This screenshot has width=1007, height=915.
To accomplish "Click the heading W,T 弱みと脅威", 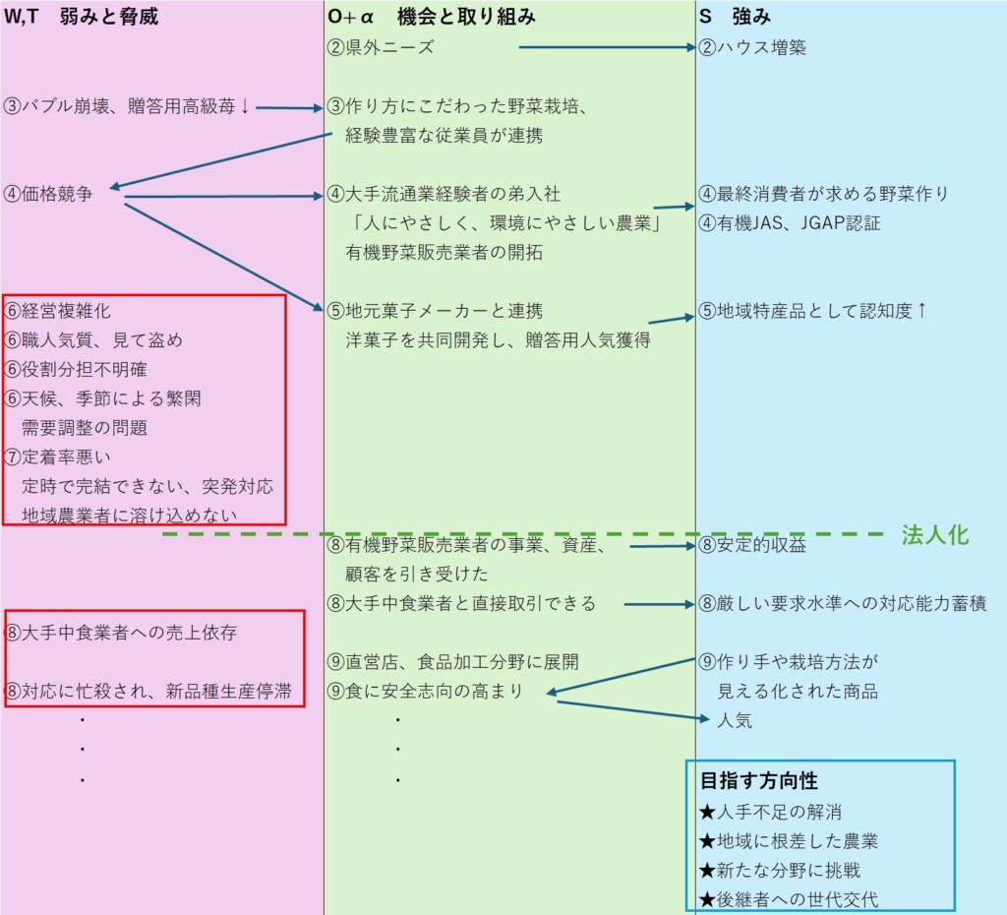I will (x=82, y=17).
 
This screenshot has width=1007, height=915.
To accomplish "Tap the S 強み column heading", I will (x=736, y=17).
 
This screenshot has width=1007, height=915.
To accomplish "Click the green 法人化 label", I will (x=935, y=534).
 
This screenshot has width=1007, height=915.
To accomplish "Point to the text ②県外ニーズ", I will (x=382, y=47).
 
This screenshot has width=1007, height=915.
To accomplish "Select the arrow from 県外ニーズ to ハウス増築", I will (x=605, y=46).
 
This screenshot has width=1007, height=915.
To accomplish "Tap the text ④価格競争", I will (x=49, y=194).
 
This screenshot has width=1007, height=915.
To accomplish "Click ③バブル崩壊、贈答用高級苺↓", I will (x=127, y=106).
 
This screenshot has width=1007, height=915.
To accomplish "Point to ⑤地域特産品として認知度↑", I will (x=813, y=311).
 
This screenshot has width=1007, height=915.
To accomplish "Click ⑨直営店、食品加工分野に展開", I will (x=453, y=661).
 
